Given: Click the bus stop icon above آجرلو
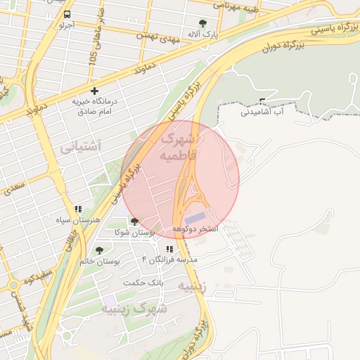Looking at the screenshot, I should pyautogui.click(x=66, y=14).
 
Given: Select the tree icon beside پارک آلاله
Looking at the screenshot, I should pyautogui.click(x=203, y=23).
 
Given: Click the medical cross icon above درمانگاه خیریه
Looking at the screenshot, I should pyautogui.click(x=94, y=91).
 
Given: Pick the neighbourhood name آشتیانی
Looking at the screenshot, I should pyautogui.click(x=80, y=146).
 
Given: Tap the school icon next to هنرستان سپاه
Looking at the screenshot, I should pyautogui.click(x=79, y=209).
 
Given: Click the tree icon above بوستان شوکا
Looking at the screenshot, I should pyautogui.click(x=134, y=221).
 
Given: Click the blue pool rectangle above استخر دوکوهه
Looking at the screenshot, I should pyautogui.click(x=196, y=219).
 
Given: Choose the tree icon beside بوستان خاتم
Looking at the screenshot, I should pyautogui.click(x=99, y=250).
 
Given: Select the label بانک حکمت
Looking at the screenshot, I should pyautogui.click(x=143, y=283).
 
